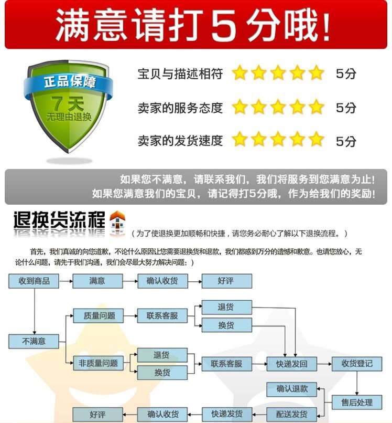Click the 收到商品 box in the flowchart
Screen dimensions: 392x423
[34, 281]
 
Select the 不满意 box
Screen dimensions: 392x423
[34, 341]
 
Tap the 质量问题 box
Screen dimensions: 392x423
[98, 316]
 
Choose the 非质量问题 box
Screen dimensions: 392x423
[98, 363]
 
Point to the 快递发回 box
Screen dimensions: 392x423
[291, 364]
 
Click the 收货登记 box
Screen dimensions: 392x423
[357, 364]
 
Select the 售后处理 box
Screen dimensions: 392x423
[357, 403]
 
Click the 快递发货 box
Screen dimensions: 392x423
[227, 414]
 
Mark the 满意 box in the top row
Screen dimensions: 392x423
[97, 281]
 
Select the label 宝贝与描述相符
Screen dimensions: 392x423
[180, 74]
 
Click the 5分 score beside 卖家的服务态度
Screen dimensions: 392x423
[346, 108]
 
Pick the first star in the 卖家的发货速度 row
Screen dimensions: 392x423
[239, 140]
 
